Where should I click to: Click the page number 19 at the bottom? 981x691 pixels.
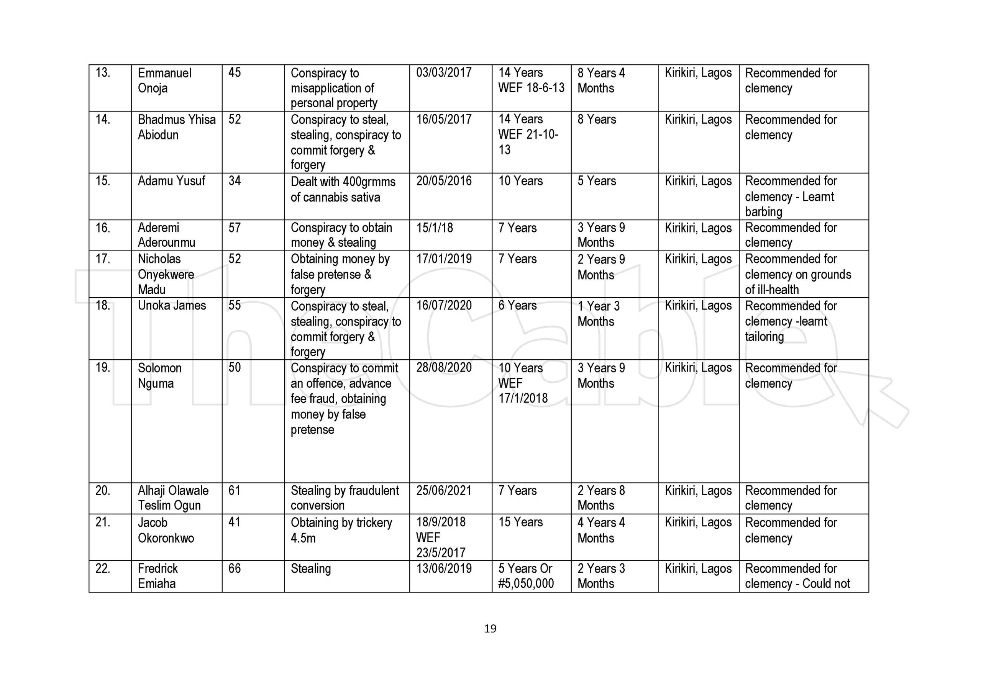tap(490, 629)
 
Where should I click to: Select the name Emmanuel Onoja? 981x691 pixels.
tap(164, 80)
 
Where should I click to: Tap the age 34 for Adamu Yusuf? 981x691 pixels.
tap(235, 181)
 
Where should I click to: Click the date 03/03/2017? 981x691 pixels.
tap(444, 73)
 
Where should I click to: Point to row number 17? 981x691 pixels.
tap(103, 259)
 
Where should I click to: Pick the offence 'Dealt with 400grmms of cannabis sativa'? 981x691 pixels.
tap(343, 189)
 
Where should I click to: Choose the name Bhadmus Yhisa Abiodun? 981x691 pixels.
tap(176, 127)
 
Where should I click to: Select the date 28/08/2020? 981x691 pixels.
tap(444, 368)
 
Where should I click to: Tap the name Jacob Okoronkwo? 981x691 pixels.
tap(166, 530)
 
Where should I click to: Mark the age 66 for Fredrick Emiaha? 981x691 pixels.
tap(235, 568)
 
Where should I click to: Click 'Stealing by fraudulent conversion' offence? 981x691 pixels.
tap(345, 498)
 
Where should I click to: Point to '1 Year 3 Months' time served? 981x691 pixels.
tap(598, 313)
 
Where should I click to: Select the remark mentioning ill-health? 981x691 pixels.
tap(798, 274)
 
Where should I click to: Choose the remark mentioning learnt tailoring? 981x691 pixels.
tap(791, 321)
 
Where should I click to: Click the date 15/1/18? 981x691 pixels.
tap(435, 228)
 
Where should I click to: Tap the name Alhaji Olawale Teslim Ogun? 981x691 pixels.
tap(173, 498)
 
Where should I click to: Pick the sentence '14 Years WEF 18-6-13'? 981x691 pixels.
tap(531, 80)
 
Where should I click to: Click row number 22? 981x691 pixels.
tap(103, 568)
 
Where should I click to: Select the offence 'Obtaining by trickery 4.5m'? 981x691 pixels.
tap(341, 530)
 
